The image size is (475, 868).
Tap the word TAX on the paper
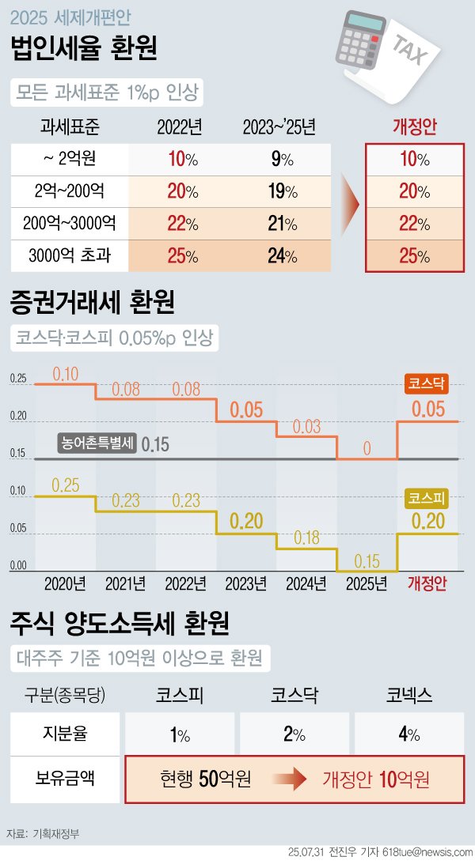click(x=412, y=52)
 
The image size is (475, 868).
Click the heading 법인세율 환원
click(x=82, y=49)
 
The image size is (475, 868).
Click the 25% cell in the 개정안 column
click(x=415, y=255)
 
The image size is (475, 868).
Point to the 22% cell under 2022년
click(x=181, y=224)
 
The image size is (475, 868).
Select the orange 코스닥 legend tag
click(x=427, y=383)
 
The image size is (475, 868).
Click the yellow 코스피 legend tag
click(x=427, y=498)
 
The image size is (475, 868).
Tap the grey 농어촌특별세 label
click(x=97, y=443)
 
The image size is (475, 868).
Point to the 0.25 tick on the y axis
click(x=18, y=379)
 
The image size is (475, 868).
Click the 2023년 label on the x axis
click(x=245, y=584)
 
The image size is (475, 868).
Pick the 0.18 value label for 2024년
click(x=306, y=538)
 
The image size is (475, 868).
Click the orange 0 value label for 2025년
click(x=367, y=448)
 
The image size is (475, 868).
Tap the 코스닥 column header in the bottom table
click(x=294, y=695)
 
